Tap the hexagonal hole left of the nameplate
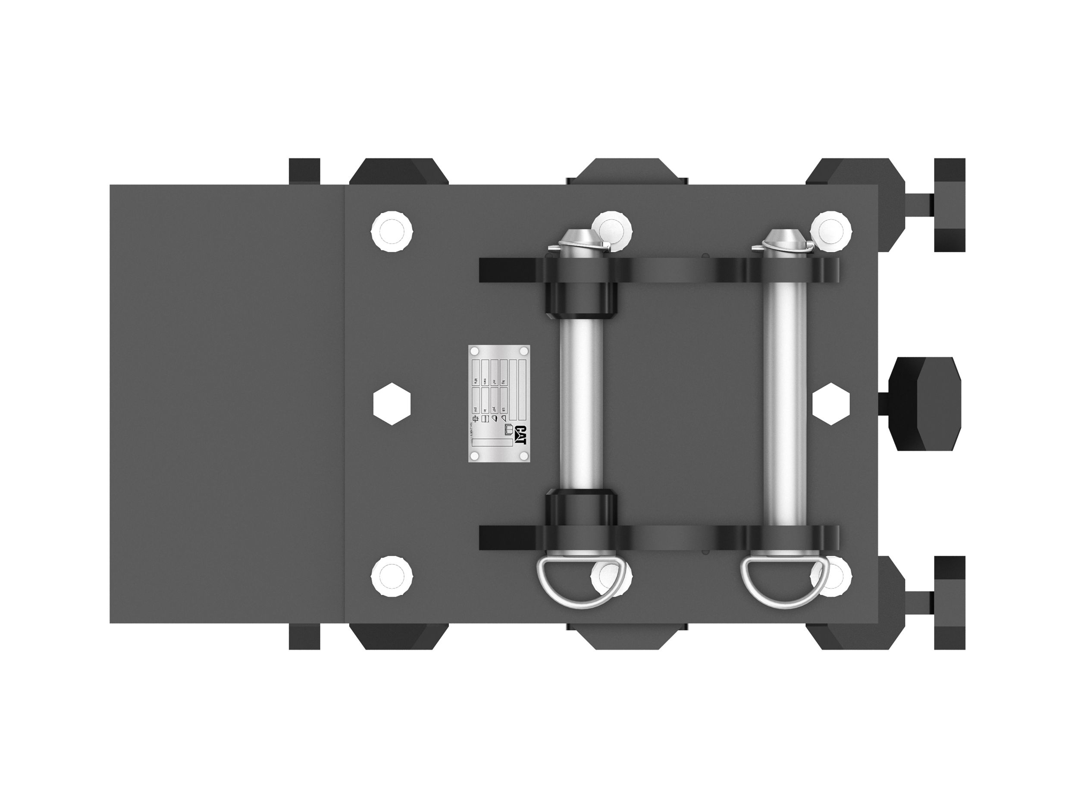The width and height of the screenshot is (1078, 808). (392, 404)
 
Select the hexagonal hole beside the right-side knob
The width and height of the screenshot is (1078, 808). (831, 404)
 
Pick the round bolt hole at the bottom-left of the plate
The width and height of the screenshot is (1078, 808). (392, 576)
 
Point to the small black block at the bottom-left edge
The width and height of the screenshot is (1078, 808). (304, 636)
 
